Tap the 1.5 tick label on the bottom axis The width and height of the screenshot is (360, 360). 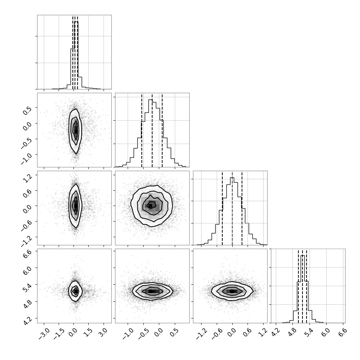(x=88, y=333)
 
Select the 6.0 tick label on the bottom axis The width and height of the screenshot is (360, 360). (x=326, y=333)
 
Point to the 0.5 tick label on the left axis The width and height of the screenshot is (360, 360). (x=27, y=110)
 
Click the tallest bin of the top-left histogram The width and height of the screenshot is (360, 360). (x=76, y=55)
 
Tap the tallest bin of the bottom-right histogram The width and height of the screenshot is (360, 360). (x=302, y=289)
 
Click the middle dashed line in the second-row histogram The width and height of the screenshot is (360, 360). (x=152, y=131)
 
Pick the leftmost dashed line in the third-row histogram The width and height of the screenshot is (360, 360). (x=222, y=209)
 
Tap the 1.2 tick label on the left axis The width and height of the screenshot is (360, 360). (x=27, y=178)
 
